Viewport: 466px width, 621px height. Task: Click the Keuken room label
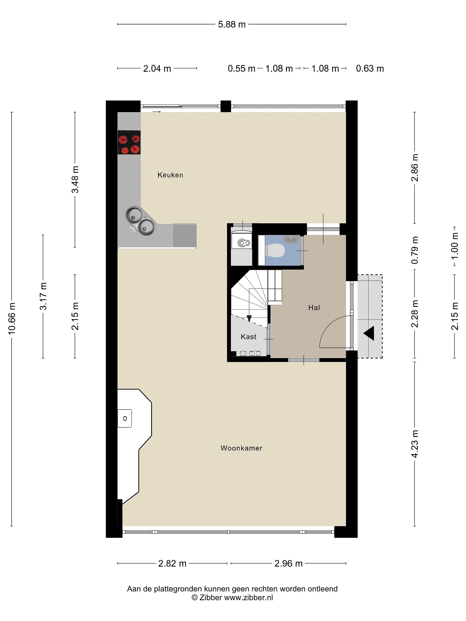point(170,175)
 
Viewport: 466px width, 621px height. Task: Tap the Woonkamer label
point(241,448)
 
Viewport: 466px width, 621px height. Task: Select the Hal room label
point(314,308)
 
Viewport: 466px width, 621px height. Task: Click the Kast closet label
point(249,337)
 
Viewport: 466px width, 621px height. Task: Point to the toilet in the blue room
point(275,250)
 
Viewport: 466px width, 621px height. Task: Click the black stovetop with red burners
point(129,142)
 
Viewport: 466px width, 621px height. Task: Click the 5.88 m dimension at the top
point(232,24)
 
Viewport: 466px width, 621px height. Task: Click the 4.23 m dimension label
point(415,444)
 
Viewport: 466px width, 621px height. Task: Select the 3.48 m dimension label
point(75,179)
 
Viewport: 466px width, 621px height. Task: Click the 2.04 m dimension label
point(157,69)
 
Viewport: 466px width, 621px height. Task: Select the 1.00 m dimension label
point(455,246)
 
